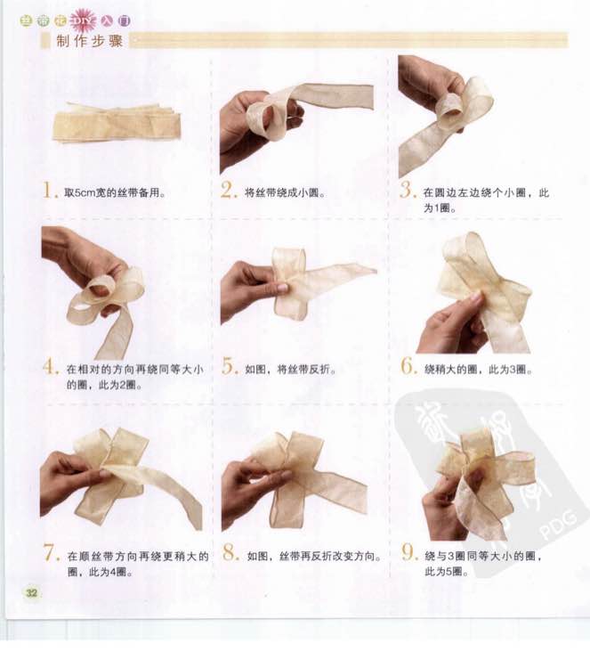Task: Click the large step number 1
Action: (49, 190)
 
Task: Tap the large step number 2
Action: (228, 190)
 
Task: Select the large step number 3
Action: (407, 190)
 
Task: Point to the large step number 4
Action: (50, 367)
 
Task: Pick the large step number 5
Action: (229, 367)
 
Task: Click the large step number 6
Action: (408, 367)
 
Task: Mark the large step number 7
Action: (51, 553)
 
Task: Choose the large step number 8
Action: (230, 553)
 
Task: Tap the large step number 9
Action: (408, 553)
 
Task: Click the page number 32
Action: (31, 592)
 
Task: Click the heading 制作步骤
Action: (89, 41)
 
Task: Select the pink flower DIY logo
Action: (83, 20)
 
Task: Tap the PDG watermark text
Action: (558, 525)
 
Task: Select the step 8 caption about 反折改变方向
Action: (314, 557)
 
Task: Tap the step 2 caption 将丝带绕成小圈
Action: (285, 193)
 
